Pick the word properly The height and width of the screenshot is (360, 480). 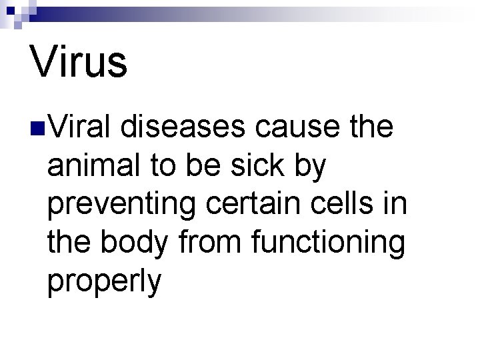(x=105, y=283)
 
